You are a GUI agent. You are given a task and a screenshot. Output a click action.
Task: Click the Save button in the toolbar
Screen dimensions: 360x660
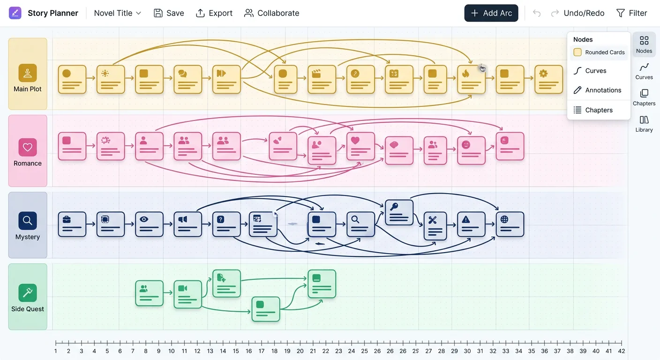coord(169,13)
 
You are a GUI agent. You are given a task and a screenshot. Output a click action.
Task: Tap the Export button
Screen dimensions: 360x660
coord(214,13)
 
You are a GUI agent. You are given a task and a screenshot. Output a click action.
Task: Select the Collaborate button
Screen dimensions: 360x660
coord(272,13)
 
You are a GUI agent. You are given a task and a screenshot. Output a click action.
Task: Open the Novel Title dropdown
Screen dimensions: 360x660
coord(118,13)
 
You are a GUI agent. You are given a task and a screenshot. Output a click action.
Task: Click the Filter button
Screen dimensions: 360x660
coord(631,13)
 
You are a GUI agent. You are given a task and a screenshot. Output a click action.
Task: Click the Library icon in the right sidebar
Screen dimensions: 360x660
coord(644,124)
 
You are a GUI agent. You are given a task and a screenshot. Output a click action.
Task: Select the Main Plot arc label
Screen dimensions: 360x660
coord(28,89)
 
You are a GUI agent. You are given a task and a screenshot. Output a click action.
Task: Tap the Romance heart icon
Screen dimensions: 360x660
coord(28,147)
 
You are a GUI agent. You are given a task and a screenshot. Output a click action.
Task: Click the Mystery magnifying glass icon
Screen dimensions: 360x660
coord(28,220)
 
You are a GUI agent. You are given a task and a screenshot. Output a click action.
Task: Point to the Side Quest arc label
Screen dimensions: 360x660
coord(28,309)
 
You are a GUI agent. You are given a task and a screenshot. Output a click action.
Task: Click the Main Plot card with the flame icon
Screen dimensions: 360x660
coord(471,79)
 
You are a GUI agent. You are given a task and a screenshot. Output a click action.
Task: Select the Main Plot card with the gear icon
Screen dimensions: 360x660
coord(548,79)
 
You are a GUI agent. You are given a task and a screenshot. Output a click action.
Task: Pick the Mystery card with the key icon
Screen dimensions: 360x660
coord(399,212)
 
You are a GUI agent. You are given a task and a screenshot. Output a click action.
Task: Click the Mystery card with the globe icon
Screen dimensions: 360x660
coord(510,224)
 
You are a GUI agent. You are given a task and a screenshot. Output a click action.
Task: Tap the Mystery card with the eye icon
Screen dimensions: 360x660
coord(149,224)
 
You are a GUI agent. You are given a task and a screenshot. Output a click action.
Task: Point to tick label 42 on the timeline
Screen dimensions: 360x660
coord(622,351)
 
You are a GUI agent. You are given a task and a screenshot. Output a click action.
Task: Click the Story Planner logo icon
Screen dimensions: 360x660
coord(15,13)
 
